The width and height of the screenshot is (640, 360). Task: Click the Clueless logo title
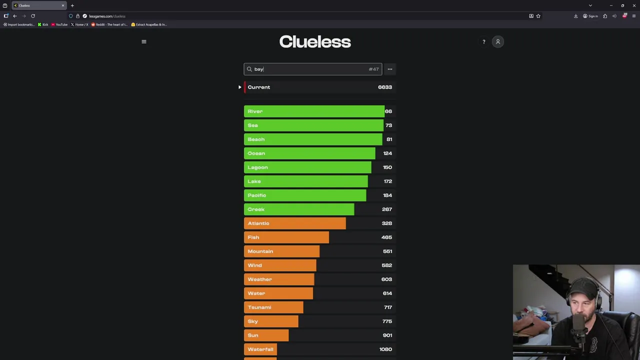pyautogui.click(x=315, y=42)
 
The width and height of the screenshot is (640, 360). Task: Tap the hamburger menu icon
pyautogui.click(x=144, y=41)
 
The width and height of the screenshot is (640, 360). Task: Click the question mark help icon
pyautogui.click(x=483, y=42)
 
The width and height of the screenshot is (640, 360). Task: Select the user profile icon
pyautogui.click(x=497, y=41)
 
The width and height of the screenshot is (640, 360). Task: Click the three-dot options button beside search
pyautogui.click(x=390, y=69)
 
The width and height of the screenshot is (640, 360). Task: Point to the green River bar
pyautogui.click(x=314, y=111)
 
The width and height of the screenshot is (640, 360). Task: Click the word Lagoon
pyautogui.click(x=257, y=167)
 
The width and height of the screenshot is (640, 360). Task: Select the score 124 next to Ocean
pyautogui.click(x=387, y=153)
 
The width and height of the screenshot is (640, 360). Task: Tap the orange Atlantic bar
pyautogui.click(x=295, y=223)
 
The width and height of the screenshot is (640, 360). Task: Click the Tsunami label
pyautogui.click(x=259, y=307)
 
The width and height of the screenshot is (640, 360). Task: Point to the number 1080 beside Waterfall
pyautogui.click(x=385, y=349)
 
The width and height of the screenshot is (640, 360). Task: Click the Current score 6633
pyautogui.click(x=385, y=87)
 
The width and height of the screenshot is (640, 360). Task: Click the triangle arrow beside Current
pyautogui.click(x=239, y=87)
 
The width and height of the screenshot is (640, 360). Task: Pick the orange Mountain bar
pyautogui.click(x=281, y=251)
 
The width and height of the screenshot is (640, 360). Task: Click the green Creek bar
pyautogui.click(x=299, y=209)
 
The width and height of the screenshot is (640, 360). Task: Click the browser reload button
pyautogui.click(x=33, y=16)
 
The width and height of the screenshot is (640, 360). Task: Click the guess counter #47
pyautogui.click(x=373, y=69)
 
